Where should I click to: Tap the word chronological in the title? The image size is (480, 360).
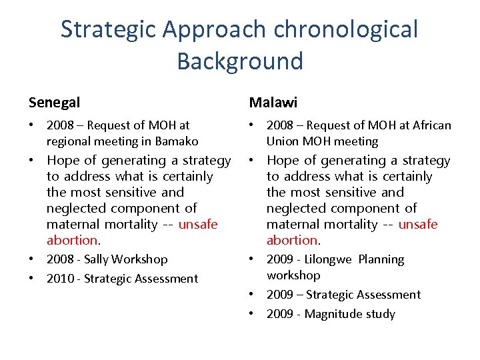click(x=345, y=29)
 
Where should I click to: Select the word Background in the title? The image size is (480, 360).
click(x=240, y=61)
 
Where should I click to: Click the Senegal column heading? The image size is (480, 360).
click(x=54, y=103)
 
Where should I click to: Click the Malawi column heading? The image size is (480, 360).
click(x=273, y=103)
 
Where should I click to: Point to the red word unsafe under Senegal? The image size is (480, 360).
click(x=198, y=225)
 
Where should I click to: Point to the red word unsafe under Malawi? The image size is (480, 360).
click(x=418, y=225)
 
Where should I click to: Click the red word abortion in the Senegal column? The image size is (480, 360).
click(x=71, y=241)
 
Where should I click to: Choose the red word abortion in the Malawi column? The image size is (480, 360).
click(x=291, y=241)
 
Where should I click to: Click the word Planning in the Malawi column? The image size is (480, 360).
click(x=382, y=259)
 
